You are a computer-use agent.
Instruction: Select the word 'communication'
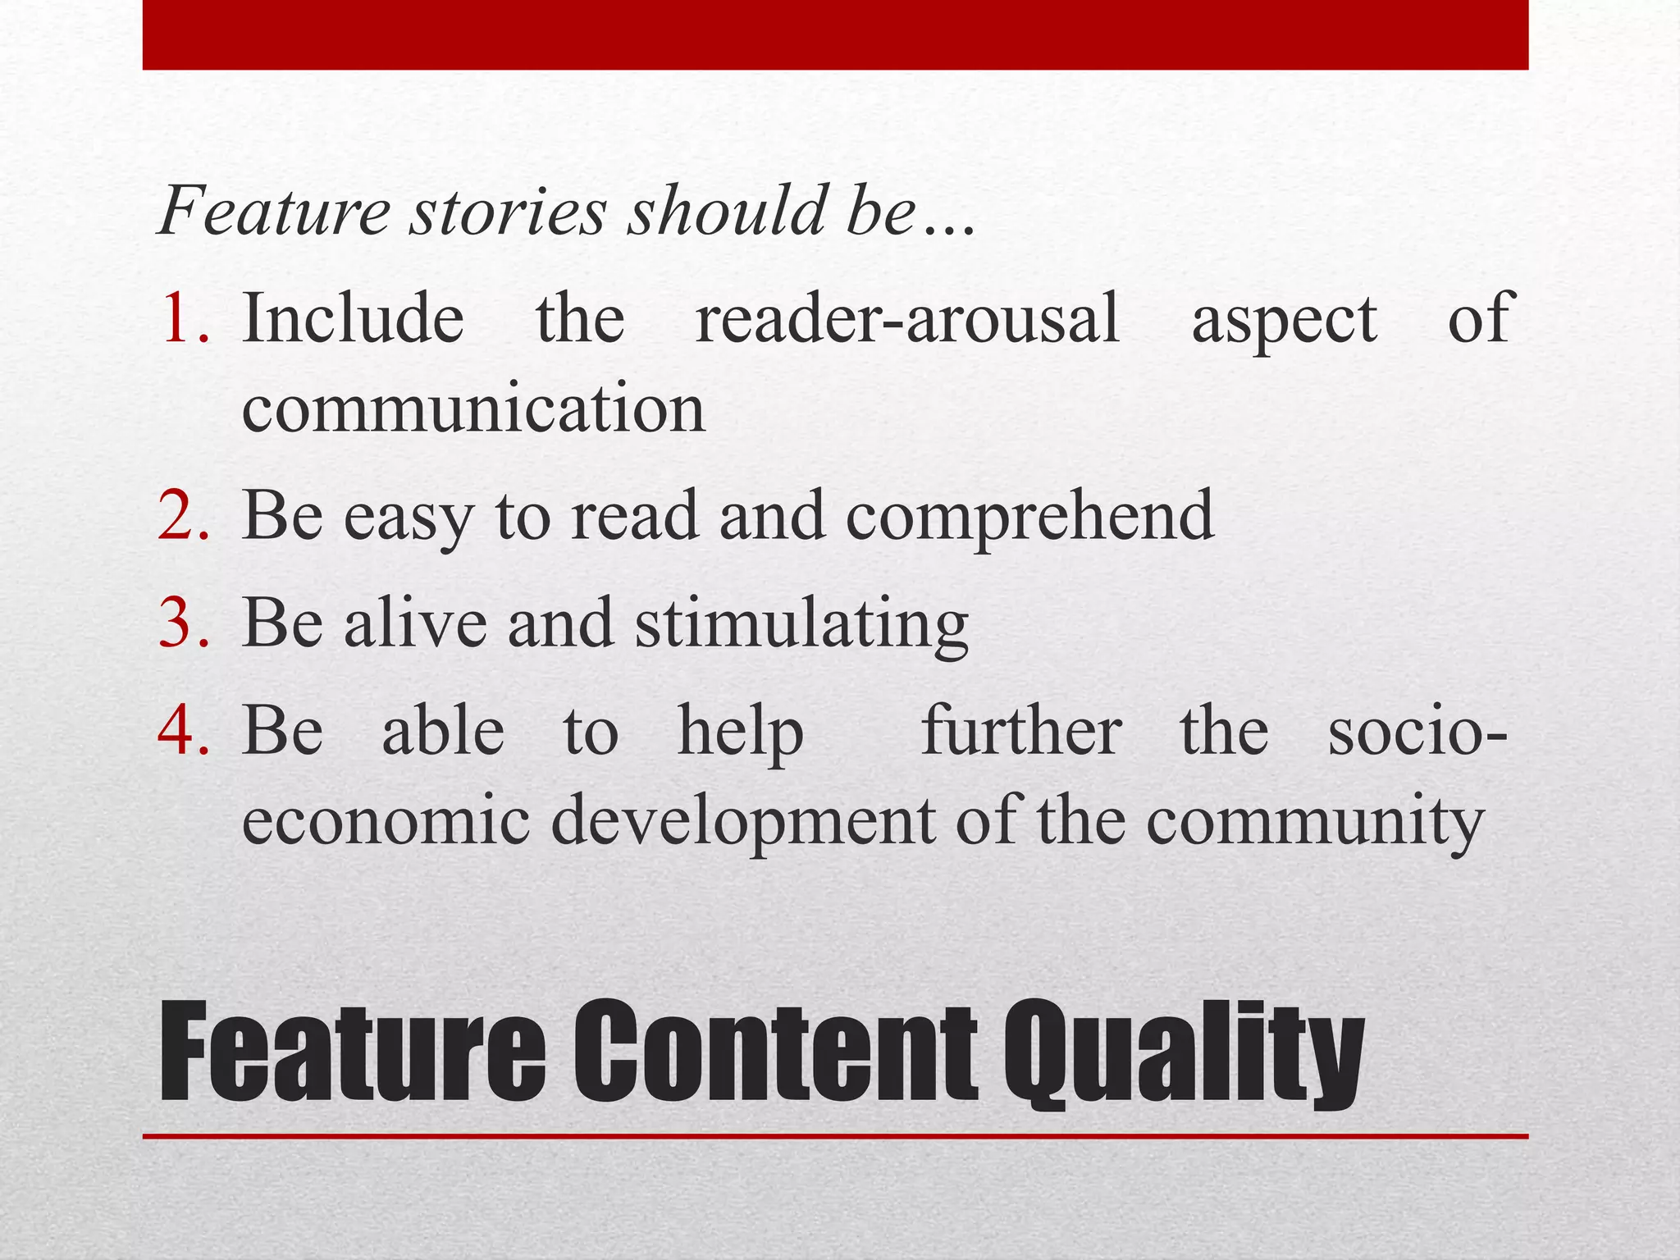pyautogui.click(x=473, y=409)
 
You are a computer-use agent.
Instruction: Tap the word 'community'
pyautogui.click(x=1315, y=823)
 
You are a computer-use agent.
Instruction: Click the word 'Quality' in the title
pyautogui.click(x=1185, y=1053)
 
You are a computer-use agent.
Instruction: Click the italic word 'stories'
pyautogui.click(x=509, y=211)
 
